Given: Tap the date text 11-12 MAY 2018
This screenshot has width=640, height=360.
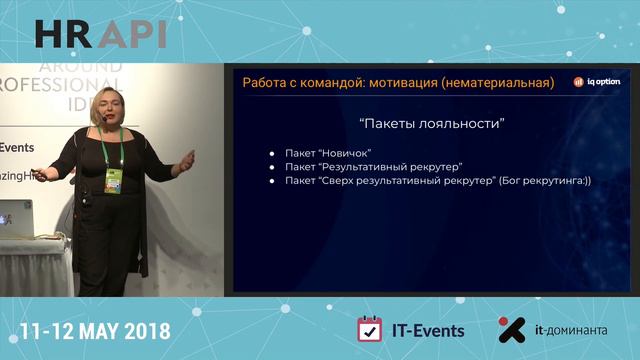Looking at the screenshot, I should [94, 330].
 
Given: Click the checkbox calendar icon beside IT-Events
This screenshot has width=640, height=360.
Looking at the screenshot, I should [370, 329].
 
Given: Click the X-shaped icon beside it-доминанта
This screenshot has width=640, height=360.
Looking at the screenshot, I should [512, 330].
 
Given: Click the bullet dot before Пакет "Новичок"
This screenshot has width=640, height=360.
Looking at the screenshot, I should [271, 154].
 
